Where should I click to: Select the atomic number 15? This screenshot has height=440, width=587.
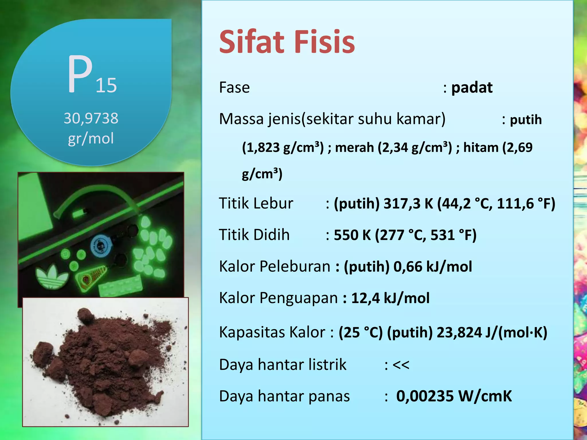(x=106, y=85)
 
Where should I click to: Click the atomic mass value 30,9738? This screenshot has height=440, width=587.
(x=91, y=118)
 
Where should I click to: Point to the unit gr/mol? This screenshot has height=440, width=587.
(x=91, y=138)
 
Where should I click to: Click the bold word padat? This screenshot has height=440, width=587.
(x=472, y=87)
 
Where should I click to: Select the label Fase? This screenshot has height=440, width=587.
(x=234, y=87)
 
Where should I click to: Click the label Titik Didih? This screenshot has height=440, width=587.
(x=254, y=235)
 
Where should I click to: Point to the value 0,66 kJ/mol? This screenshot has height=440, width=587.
(x=433, y=267)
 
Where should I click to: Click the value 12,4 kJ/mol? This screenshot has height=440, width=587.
(x=390, y=298)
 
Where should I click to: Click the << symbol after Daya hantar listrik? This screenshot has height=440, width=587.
(x=401, y=365)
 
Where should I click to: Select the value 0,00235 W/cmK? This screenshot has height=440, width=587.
(x=454, y=396)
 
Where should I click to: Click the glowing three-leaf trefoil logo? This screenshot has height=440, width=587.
(x=52, y=276)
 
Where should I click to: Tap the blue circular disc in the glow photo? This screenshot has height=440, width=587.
(x=100, y=246)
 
